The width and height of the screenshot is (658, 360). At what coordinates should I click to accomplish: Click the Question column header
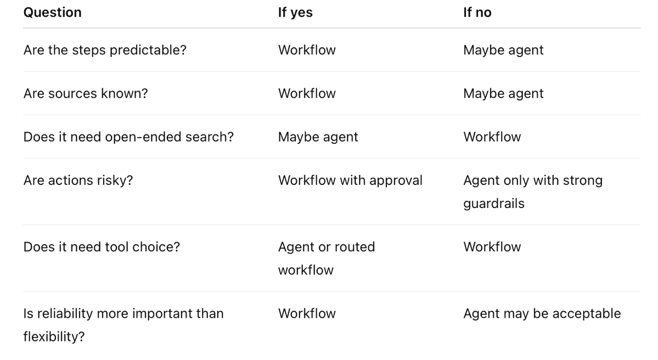[53, 13]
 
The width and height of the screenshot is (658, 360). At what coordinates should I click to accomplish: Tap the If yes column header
[295, 13]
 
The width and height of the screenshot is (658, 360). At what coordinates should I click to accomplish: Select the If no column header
[477, 13]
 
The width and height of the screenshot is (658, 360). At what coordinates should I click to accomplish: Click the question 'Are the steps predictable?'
[105, 50]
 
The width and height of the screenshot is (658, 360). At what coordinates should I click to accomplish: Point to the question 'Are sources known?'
[86, 93]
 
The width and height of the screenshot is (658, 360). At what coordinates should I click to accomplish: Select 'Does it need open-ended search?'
[128, 137]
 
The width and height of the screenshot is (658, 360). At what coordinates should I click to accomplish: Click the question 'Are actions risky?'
[78, 180]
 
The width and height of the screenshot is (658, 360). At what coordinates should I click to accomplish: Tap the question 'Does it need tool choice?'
[102, 247]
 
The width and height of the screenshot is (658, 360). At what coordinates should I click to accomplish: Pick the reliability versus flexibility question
[123, 325]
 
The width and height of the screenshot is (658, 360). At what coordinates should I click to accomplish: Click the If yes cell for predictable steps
[307, 50]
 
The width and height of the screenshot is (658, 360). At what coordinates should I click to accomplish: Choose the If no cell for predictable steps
[503, 50]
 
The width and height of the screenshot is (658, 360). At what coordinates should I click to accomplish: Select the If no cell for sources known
[503, 93]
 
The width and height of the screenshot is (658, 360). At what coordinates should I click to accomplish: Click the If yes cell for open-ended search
[318, 137]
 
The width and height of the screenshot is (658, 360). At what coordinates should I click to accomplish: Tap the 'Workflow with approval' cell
[350, 180]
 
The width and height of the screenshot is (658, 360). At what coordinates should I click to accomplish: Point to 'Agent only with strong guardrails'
[533, 192]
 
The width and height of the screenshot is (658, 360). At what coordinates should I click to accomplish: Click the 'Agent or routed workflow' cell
[326, 258]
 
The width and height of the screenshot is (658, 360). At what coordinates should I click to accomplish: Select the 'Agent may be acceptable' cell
[542, 313]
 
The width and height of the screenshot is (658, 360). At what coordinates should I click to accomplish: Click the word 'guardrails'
[494, 204]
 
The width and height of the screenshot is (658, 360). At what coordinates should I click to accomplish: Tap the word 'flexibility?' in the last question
[54, 336]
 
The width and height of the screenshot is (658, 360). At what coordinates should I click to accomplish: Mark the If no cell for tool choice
[492, 247]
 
